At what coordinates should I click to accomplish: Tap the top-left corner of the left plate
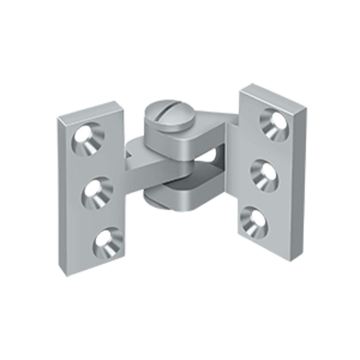[58, 117]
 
